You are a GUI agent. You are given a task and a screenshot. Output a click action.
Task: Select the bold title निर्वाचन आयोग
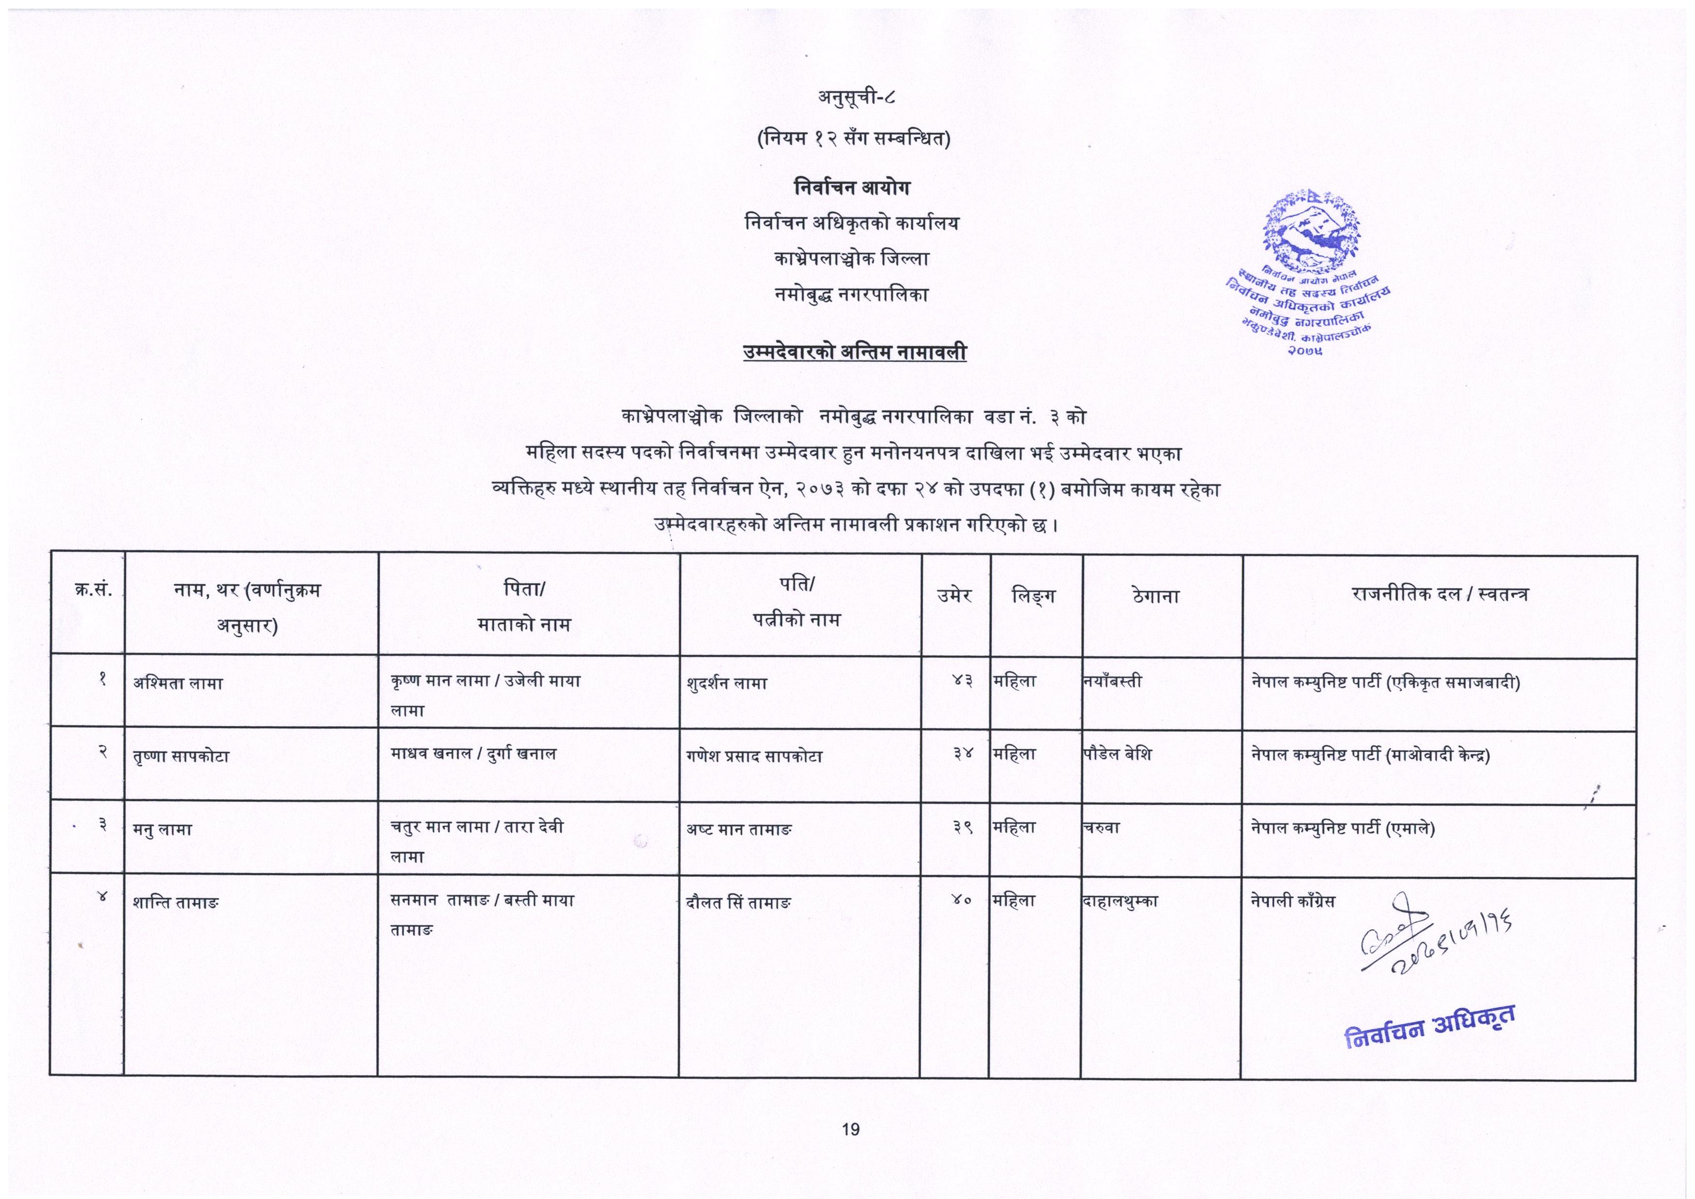[x=852, y=188]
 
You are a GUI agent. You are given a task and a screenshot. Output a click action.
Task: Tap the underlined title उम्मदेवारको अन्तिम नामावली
[x=855, y=353]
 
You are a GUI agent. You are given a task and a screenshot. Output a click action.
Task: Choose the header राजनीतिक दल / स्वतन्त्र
[x=1440, y=594]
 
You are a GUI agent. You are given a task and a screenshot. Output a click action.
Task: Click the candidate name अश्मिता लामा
[x=178, y=684]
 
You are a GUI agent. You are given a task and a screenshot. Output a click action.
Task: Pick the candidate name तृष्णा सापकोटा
[x=182, y=757]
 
